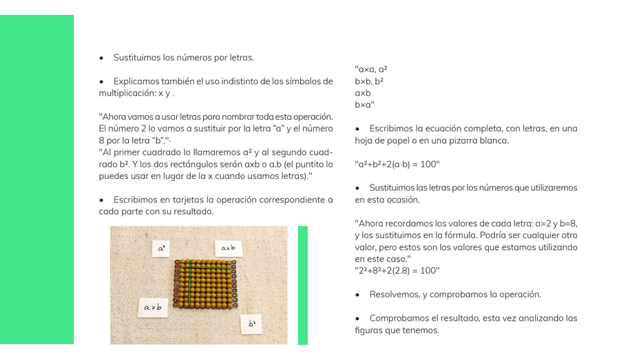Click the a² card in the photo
pos(161,248)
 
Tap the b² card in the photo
pos(251,324)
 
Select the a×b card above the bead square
pos(228,248)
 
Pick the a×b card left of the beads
pos(153,307)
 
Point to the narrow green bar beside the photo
pos(302,285)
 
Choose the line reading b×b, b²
pos(369,81)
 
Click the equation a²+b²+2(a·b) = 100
pos(397,164)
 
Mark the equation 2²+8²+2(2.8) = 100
pos(397,271)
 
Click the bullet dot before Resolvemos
pos(358,295)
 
